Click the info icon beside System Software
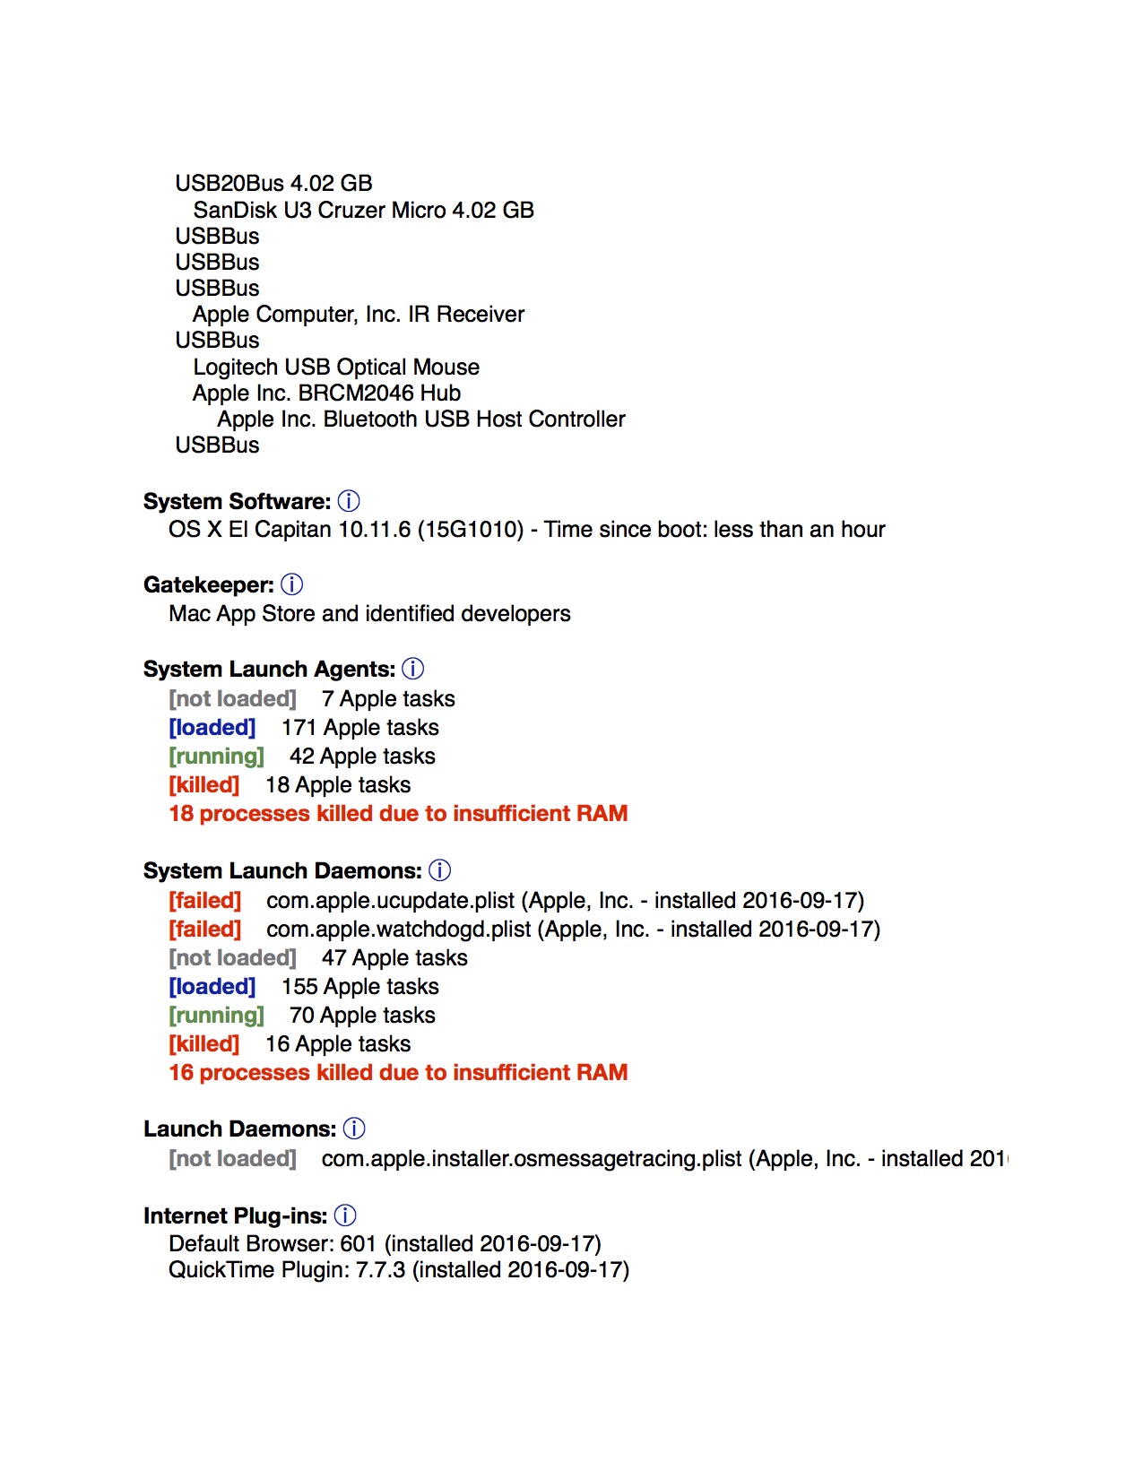350,501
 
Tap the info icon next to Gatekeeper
292,584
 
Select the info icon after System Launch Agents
413,669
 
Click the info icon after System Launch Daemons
440,870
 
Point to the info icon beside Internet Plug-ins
345,1215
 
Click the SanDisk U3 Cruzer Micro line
363,210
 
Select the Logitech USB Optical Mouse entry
336,367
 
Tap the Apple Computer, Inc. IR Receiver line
358,314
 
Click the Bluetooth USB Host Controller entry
420,419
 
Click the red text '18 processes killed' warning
398,813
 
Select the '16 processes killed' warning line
398,1072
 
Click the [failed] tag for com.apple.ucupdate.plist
205,900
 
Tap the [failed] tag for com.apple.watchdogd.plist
205,929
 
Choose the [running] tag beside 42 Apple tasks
216,756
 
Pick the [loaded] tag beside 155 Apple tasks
212,986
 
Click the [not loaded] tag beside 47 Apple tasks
232,957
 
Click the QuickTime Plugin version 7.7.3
380,1270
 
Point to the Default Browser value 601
358,1244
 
